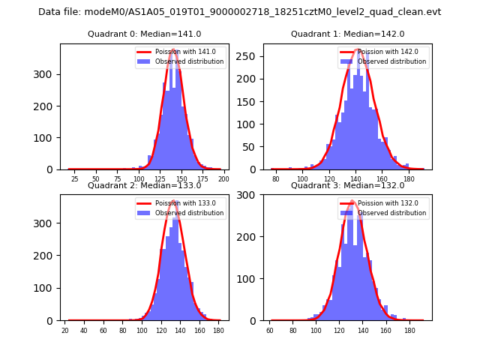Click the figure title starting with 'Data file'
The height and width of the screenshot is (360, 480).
click(240, 12)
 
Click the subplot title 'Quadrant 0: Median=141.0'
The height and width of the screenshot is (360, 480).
click(144, 34)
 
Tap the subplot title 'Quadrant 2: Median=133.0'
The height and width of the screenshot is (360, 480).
click(144, 185)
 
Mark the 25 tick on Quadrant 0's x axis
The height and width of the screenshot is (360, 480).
click(74, 180)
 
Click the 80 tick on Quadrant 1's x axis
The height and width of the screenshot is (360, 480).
click(276, 180)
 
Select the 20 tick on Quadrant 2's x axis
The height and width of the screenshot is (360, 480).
click(65, 331)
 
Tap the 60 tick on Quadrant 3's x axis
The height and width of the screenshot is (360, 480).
click(270, 331)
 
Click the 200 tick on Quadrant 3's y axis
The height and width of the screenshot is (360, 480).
click(251, 237)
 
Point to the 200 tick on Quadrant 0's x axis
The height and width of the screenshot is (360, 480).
click(223, 180)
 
